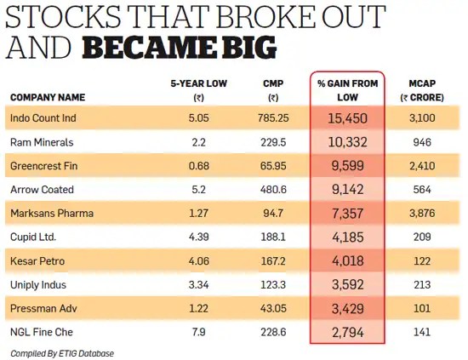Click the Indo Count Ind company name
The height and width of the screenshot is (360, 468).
point(44,117)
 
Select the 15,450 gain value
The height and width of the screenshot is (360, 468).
point(346,117)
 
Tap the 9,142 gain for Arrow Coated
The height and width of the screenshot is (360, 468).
point(346,189)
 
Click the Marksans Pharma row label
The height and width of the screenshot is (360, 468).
point(51,212)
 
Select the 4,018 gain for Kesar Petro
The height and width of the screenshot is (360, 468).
point(346,260)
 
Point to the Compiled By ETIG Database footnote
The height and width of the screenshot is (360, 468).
point(61,352)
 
